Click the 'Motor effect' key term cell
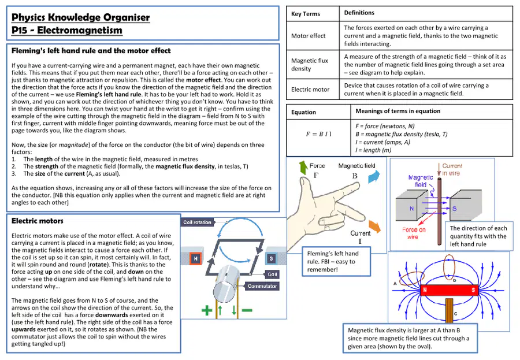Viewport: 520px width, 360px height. (308, 36)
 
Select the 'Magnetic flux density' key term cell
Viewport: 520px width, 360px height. (310, 65)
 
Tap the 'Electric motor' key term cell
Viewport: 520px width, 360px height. (310, 90)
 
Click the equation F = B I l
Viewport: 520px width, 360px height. (318, 134)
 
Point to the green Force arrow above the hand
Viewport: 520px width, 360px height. (303, 168)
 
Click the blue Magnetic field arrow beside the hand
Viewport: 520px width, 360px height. (374, 176)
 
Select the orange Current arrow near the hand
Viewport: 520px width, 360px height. (375, 227)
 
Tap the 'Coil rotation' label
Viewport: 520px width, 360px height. (198, 222)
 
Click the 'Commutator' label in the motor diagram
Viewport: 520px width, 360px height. (262, 286)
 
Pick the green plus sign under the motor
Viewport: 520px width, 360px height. (207, 310)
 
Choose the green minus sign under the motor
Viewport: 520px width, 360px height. (247, 310)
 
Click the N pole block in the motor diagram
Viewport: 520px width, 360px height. (196, 258)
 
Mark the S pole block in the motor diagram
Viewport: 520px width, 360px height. (272, 258)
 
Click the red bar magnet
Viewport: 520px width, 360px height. (449, 290)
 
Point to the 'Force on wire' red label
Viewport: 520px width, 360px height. (414, 233)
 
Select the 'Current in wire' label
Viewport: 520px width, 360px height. (452, 169)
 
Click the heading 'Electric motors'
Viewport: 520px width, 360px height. (38, 221)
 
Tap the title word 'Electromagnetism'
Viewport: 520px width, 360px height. (80, 30)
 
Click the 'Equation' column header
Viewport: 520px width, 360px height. (303, 112)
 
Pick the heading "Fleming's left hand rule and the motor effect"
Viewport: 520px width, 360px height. (91, 51)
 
